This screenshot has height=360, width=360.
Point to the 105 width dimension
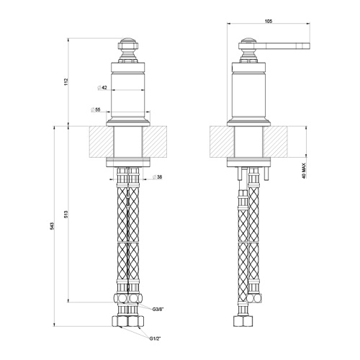click(267, 22)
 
